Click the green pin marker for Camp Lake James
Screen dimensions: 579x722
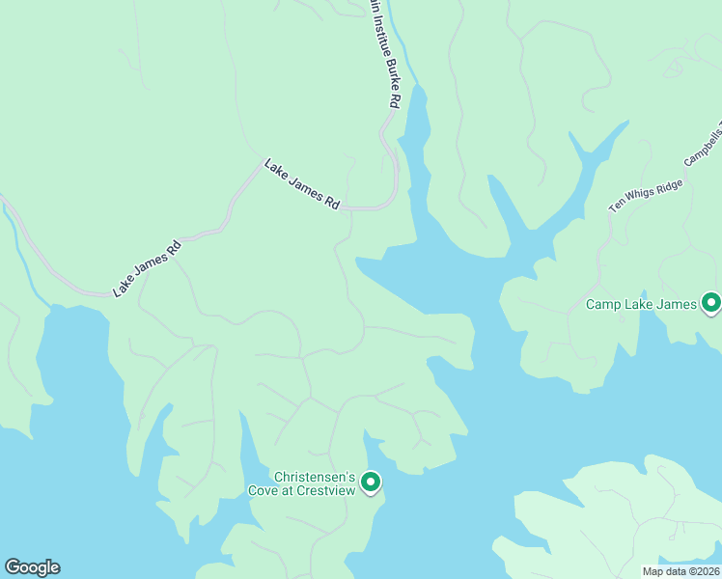click(x=711, y=303)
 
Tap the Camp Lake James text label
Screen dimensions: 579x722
click(x=641, y=305)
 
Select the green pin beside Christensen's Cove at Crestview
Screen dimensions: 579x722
click(x=371, y=481)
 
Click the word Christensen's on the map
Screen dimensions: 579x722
click(x=316, y=477)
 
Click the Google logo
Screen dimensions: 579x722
click(x=32, y=567)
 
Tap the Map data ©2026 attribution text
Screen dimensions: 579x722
click(x=681, y=570)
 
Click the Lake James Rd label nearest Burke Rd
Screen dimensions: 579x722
click(x=303, y=184)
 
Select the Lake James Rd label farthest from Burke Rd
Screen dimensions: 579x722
click(x=147, y=267)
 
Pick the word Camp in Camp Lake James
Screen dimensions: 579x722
click(x=605, y=305)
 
